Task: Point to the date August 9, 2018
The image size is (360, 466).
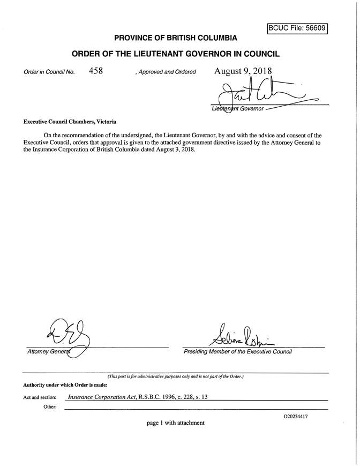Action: (243, 71)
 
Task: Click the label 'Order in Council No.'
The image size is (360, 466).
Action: (49, 72)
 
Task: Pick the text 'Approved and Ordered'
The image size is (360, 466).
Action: (167, 72)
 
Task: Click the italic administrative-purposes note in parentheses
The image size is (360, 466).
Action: (176, 377)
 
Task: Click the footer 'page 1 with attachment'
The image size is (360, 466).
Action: (175, 423)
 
